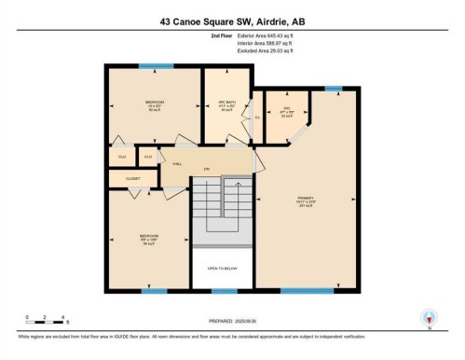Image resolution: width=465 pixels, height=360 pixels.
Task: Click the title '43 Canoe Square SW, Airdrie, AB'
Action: (x=232, y=19)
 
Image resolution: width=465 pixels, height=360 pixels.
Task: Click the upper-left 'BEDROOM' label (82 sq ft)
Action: (x=155, y=102)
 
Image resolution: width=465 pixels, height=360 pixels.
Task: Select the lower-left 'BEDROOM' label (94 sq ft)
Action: (x=149, y=237)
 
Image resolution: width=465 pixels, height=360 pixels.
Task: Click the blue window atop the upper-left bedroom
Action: (x=150, y=66)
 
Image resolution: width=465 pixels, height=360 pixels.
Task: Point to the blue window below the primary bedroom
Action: (x=307, y=291)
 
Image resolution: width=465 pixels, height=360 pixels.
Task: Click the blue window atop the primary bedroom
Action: (x=333, y=89)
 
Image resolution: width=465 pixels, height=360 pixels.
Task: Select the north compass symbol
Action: (x=430, y=316)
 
